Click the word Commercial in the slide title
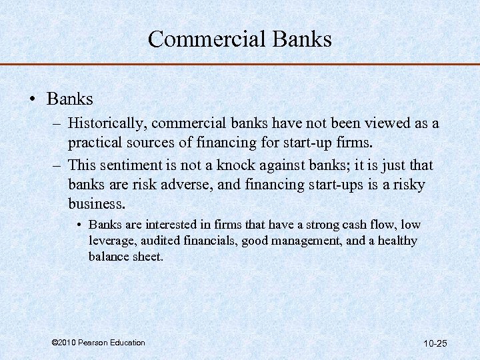click(x=203, y=39)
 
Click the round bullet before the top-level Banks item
click(x=33, y=100)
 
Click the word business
click(x=97, y=203)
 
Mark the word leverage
click(x=110, y=241)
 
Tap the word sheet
click(x=147, y=256)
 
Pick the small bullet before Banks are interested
click(x=79, y=225)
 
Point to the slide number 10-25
click(x=435, y=343)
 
